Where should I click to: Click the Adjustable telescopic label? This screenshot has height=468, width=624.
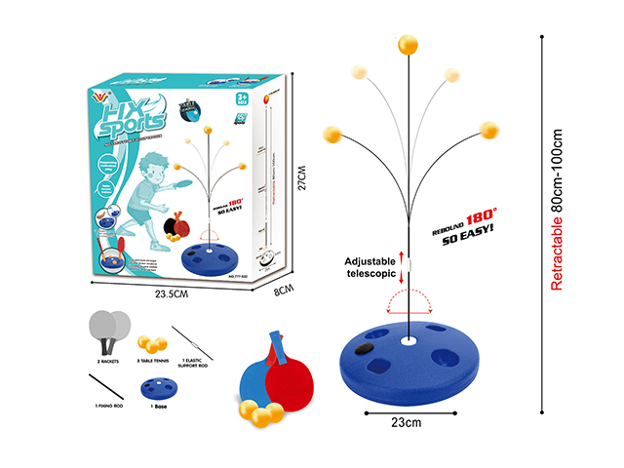click(370, 268)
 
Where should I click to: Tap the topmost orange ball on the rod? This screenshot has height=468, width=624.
click(407, 46)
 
